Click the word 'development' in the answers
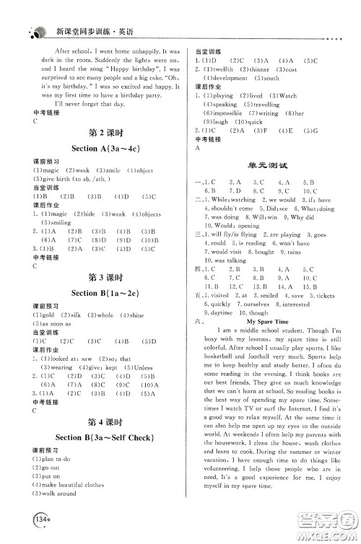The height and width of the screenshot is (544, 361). pos(230,78)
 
